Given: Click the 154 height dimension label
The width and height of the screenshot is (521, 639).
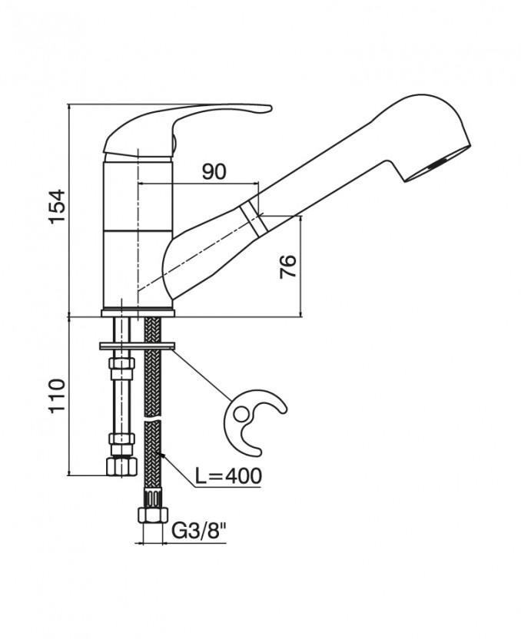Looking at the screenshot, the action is [57, 207].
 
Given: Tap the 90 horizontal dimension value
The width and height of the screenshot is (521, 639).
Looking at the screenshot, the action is [214, 172].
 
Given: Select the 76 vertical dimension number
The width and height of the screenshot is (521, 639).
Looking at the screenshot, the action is [288, 267].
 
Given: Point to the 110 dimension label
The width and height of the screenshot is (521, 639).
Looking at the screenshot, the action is [57, 396].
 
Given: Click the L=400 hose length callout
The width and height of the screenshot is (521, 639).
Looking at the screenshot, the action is [227, 475].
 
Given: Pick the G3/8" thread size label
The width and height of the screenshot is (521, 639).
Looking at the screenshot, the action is [198, 531].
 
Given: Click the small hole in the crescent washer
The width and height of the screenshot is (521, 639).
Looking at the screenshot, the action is [241, 415].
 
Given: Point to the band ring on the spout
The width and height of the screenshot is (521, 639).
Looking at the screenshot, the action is [253, 219].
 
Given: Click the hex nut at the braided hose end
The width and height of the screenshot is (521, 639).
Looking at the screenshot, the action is [153, 515].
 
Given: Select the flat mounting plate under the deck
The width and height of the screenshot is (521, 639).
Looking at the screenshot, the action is [137, 346].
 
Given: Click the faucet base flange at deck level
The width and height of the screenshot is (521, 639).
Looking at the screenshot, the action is [138, 313].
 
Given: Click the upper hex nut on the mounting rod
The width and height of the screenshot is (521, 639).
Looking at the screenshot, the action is [121, 363].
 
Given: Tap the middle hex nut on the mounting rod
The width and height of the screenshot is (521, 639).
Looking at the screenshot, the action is [121, 439].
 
